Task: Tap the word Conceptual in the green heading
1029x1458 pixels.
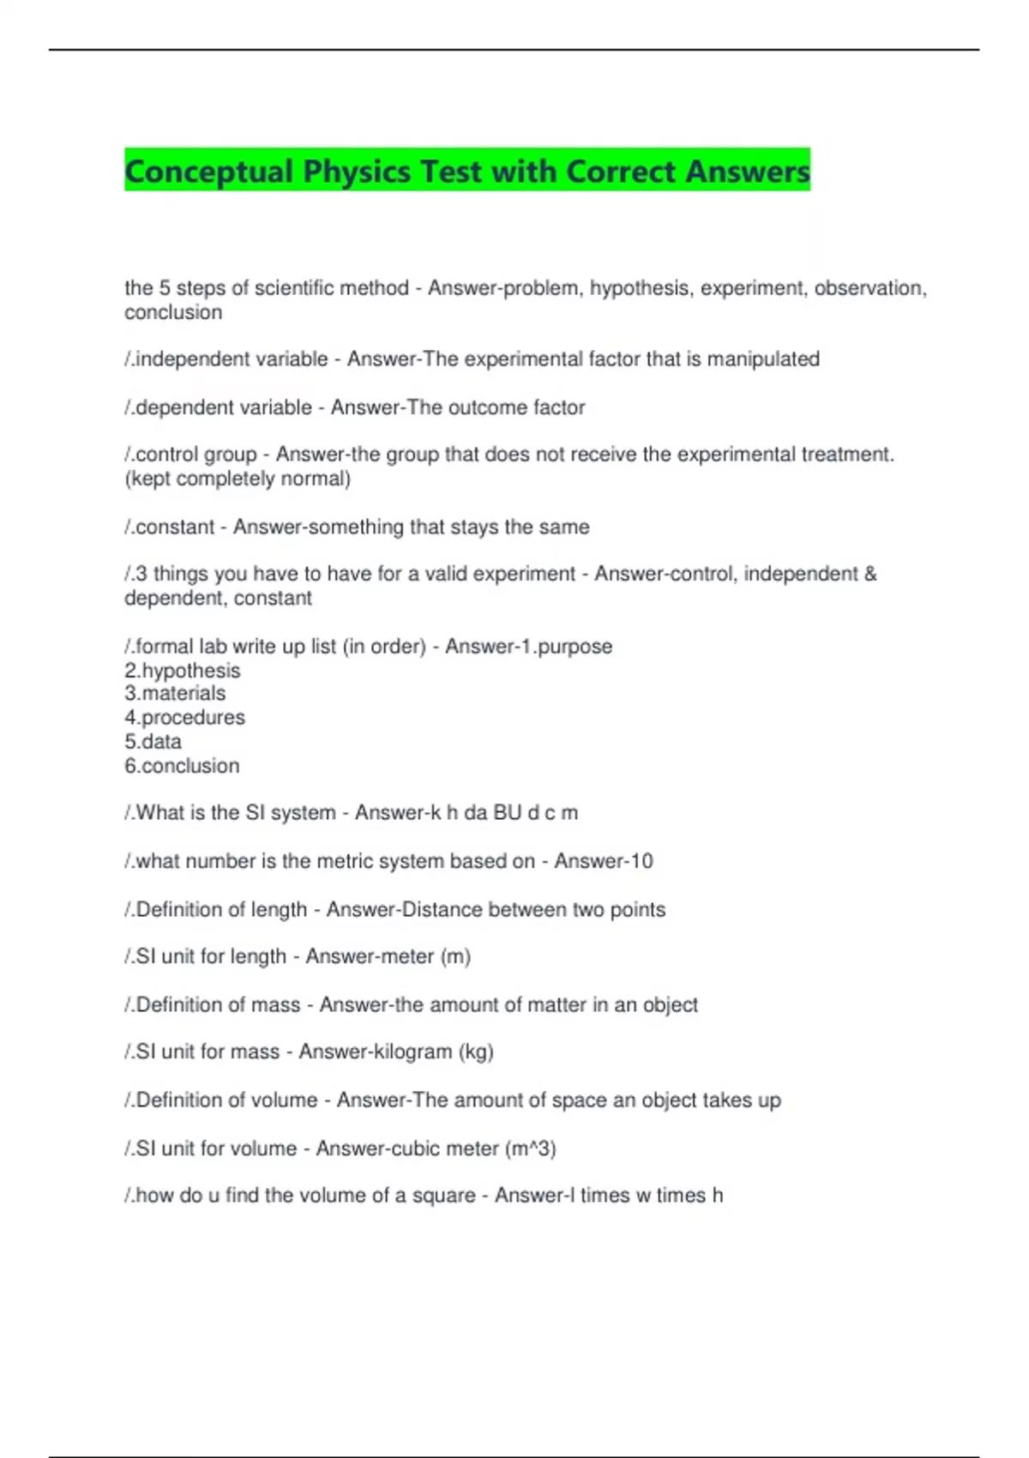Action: [x=208, y=172]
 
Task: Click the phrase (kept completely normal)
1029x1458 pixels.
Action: [x=238, y=479]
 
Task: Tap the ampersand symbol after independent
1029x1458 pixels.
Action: [x=870, y=574]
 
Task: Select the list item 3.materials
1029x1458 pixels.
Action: [x=175, y=693]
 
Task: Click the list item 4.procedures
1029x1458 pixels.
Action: [x=184, y=717]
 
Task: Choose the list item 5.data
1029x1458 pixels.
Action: [x=153, y=741]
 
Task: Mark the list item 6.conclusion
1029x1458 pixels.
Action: [x=182, y=766]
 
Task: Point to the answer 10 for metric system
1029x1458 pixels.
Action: [x=641, y=861]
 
